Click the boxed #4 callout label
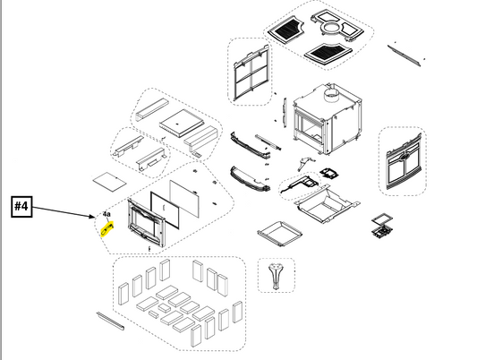pos(21,207)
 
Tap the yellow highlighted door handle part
pos(106,229)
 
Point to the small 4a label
pos(106,214)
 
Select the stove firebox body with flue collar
pos(328,119)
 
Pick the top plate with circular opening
pos(337,26)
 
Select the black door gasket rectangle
pos(165,210)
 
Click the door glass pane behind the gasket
pos(184,198)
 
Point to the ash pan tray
pos(279,234)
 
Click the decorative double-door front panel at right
pos(404,161)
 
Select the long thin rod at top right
pos(405,56)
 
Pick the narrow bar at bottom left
pos(110,321)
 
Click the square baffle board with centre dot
pos(182,124)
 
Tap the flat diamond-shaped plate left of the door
pos(109,182)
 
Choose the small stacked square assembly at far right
pos(382,226)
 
